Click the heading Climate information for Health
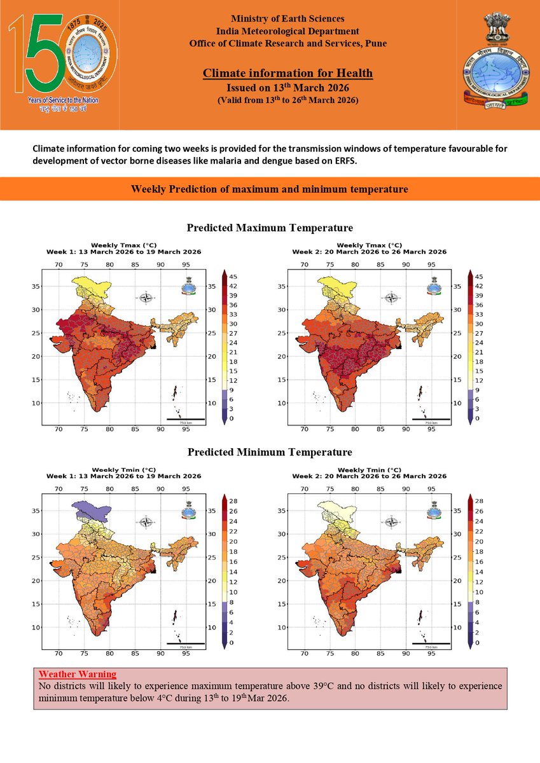click(287, 74)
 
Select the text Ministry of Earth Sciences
click(287, 19)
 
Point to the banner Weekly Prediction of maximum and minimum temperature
click(270, 189)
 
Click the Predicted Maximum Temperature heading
click(270, 228)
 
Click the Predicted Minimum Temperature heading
click(270, 452)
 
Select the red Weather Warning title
click(78, 674)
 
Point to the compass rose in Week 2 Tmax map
click(392, 298)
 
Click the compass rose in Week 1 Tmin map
click(146, 522)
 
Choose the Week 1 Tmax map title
click(123, 249)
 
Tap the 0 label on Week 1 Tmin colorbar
click(232, 643)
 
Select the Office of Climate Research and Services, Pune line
click(287, 43)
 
